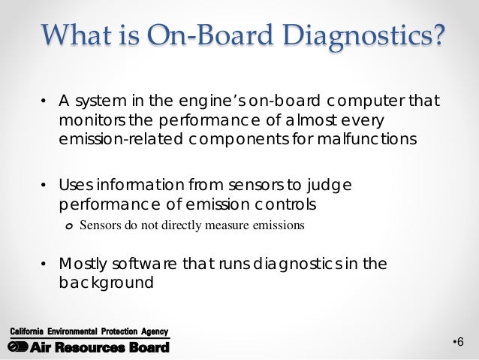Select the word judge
click(x=330, y=186)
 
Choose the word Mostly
click(x=83, y=264)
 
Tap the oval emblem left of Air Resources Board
click(x=17, y=346)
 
